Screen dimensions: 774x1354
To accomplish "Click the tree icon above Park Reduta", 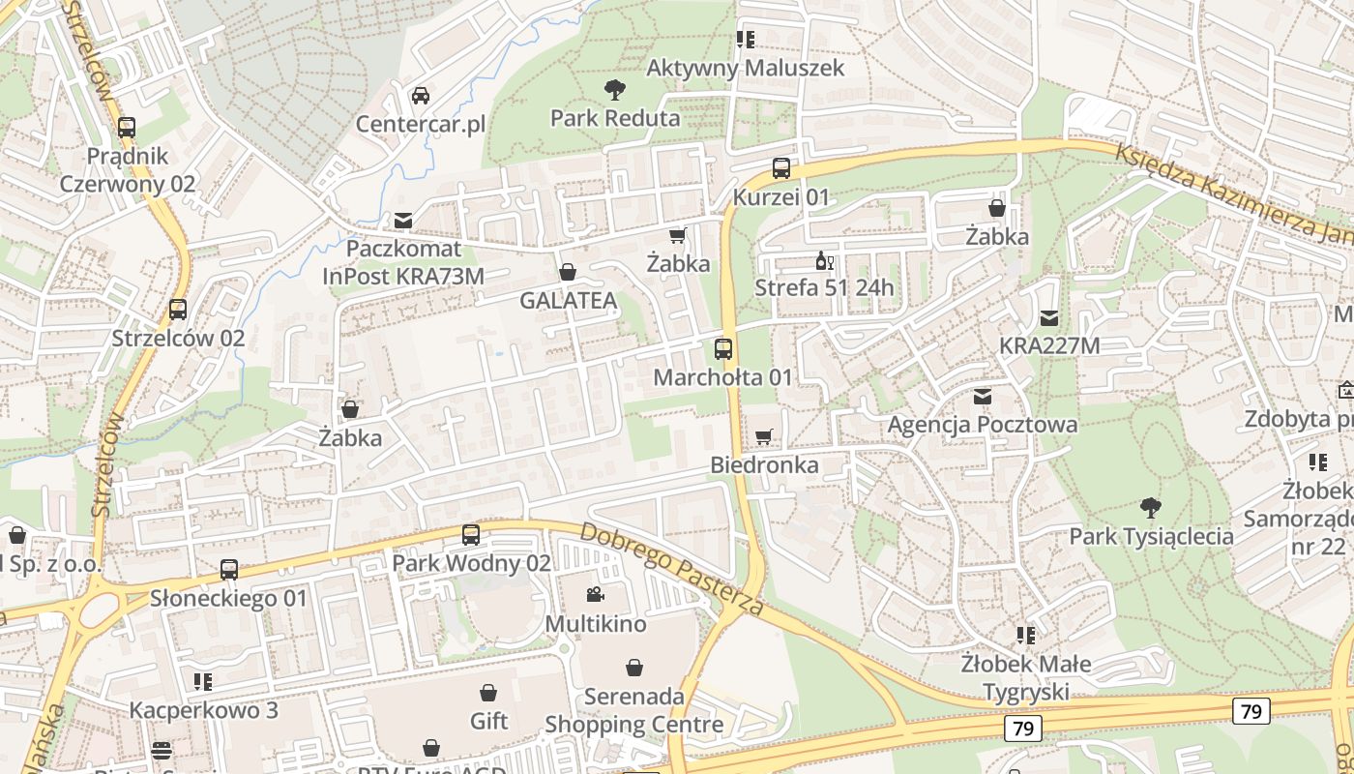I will click(614, 91).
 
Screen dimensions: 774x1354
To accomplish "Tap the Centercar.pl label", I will click(421, 125).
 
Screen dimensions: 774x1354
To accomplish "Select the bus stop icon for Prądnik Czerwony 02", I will click(127, 128).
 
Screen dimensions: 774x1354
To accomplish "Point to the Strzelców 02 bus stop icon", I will click(178, 310).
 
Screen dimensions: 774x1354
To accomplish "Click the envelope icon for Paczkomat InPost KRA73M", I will click(403, 221).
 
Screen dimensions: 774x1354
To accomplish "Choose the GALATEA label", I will click(568, 301).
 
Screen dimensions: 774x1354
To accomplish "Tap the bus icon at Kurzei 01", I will click(781, 168).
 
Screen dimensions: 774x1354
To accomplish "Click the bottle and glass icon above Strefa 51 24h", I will click(824, 260).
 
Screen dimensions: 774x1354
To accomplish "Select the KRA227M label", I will click(1049, 345).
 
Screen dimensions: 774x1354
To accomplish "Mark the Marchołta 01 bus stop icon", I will click(723, 349).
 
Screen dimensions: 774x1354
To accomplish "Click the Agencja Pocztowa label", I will click(983, 425).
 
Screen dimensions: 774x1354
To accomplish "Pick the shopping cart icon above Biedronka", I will click(764, 437).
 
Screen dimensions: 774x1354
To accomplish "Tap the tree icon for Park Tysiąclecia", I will click(1151, 507).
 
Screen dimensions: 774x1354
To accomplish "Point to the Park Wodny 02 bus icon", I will click(471, 534).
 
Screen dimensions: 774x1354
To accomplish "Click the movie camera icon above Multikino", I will click(595, 595).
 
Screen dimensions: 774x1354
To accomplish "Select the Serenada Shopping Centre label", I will click(634, 710).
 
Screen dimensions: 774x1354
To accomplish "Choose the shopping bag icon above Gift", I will click(488, 693).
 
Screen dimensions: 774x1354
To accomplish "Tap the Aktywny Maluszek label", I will click(745, 68).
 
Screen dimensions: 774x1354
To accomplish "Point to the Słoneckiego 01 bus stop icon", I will click(229, 570).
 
